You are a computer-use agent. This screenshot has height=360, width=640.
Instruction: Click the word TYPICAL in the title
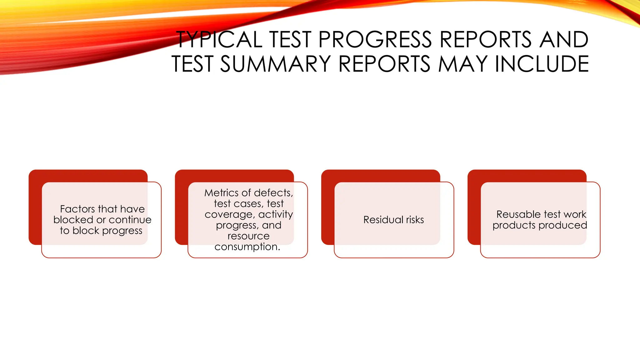point(219,40)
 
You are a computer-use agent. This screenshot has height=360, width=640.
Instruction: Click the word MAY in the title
point(463,64)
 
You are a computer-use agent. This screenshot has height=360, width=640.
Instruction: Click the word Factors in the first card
point(77,209)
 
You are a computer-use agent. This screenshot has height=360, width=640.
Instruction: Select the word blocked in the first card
point(73,220)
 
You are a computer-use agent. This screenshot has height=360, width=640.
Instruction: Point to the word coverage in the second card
point(229,215)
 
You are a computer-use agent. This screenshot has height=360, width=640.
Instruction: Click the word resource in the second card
point(248,236)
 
